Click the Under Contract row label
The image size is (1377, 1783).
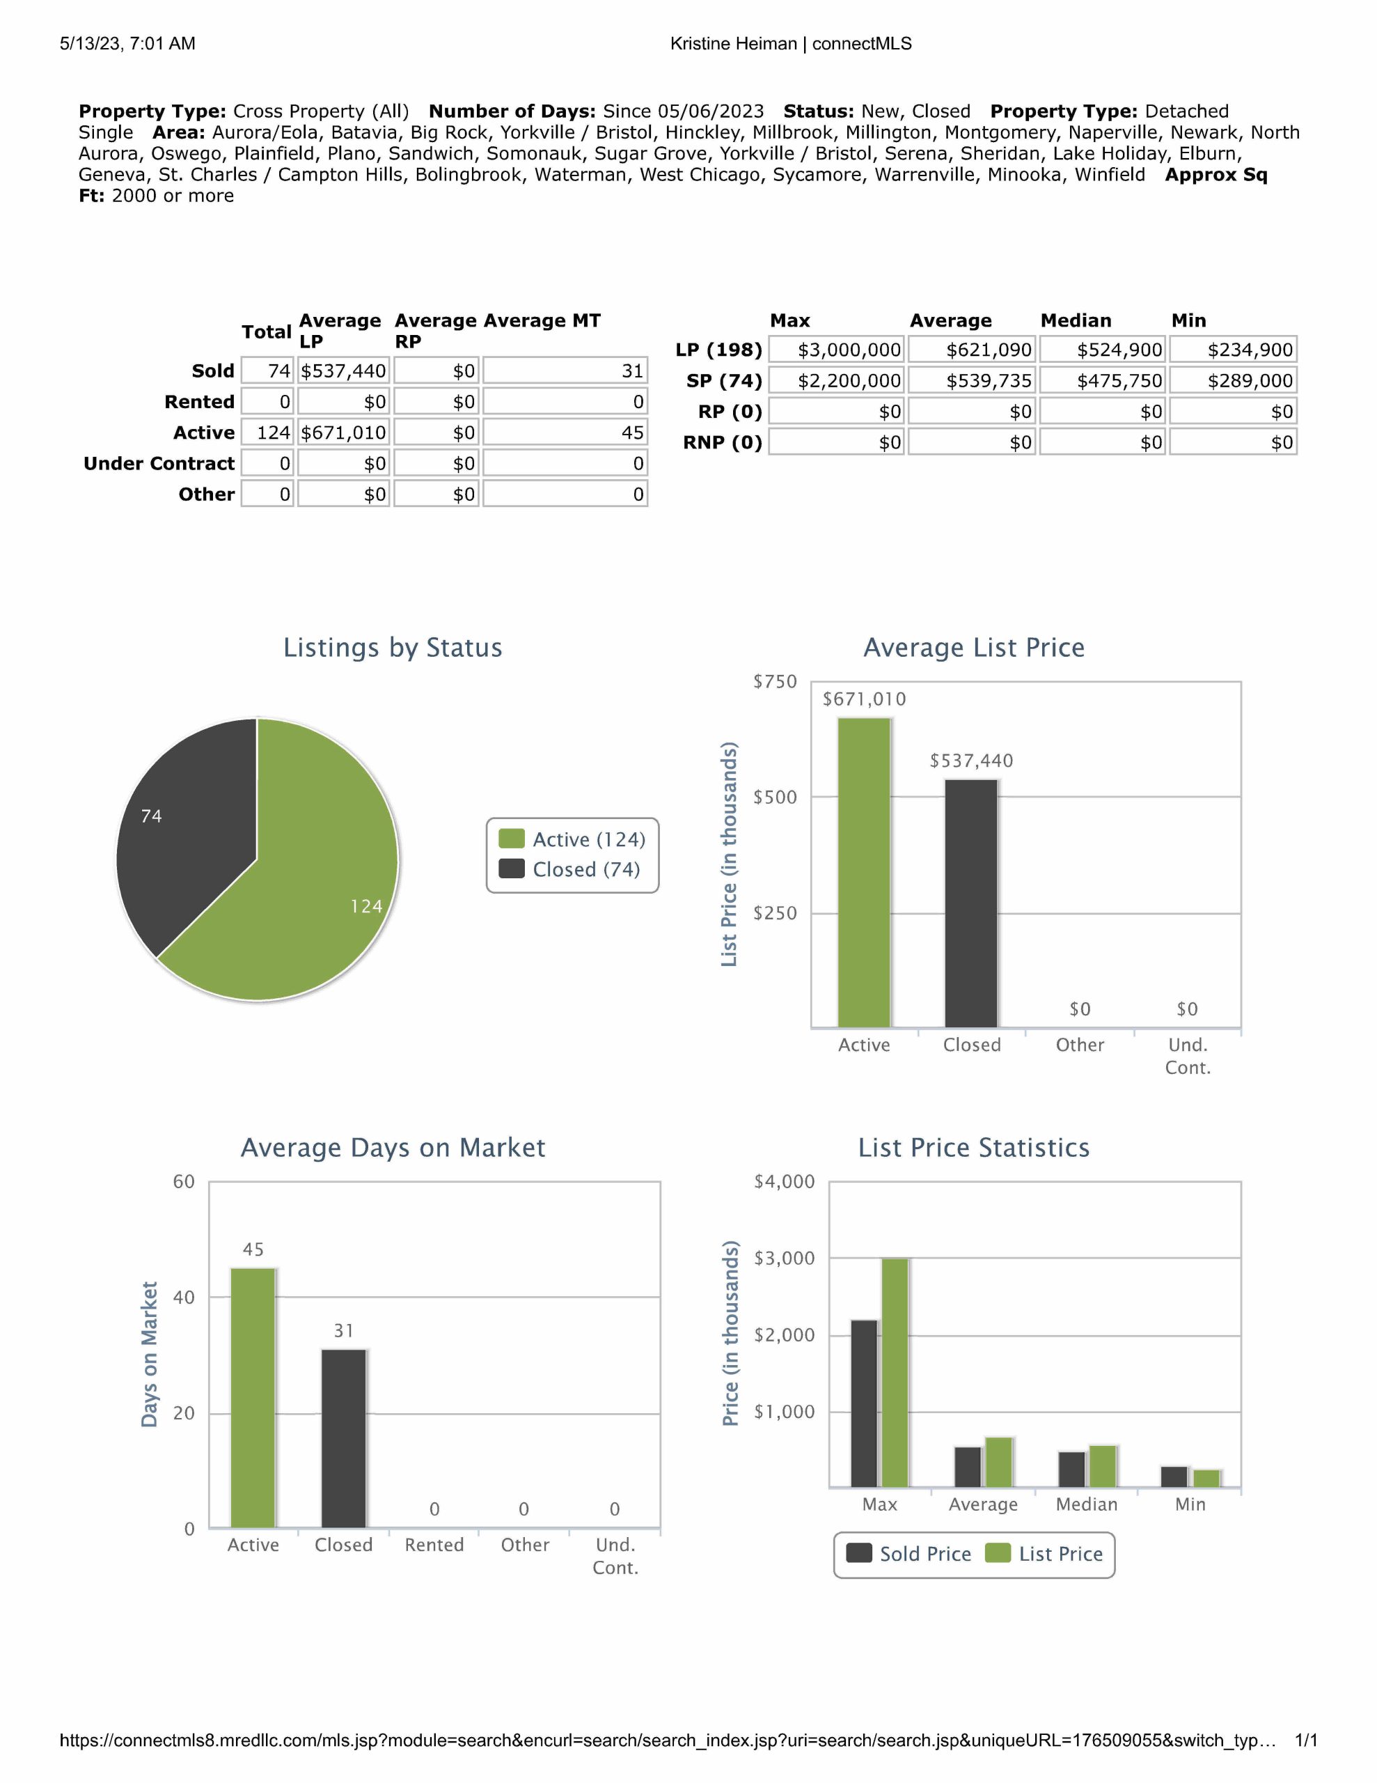pyautogui.click(x=159, y=464)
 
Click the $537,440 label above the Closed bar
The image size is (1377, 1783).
pyautogui.click(x=970, y=761)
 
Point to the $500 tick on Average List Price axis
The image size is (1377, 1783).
pyautogui.click(x=775, y=797)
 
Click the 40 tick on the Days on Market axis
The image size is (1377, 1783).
pyautogui.click(x=184, y=1298)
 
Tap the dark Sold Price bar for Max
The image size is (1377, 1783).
pyautogui.click(x=864, y=1403)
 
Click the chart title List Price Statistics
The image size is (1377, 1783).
pyautogui.click(x=973, y=1148)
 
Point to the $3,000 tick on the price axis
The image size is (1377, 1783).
pyautogui.click(x=784, y=1258)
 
